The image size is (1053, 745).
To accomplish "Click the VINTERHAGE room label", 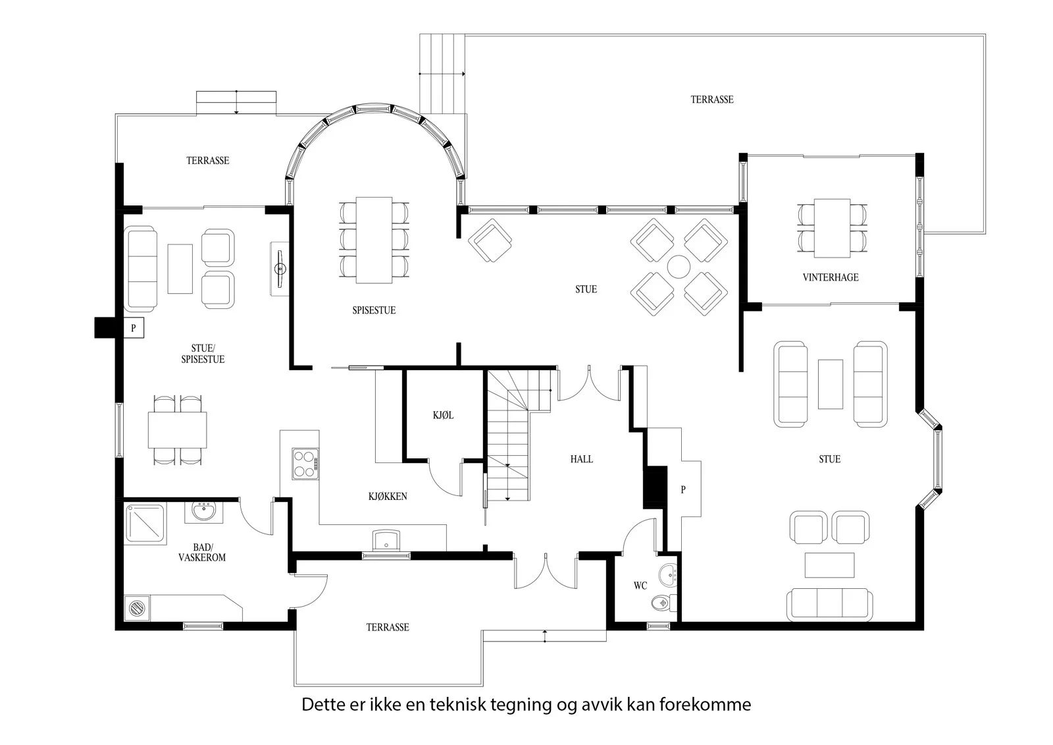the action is pyautogui.click(x=831, y=277).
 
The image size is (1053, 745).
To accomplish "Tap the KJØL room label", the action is pyautogui.click(x=444, y=415).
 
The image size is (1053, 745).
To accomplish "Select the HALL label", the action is pyautogui.click(x=582, y=459).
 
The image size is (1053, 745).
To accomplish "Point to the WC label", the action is pyautogui.click(x=640, y=586).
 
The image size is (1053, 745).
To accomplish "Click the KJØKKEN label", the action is pyautogui.click(x=388, y=496).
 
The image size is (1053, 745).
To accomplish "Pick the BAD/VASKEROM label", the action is pyautogui.click(x=202, y=553).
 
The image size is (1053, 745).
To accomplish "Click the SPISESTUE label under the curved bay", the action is pyautogui.click(x=374, y=310).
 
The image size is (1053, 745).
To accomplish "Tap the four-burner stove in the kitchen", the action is pyautogui.click(x=305, y=464).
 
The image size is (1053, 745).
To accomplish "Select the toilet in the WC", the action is pyautogui.click(x=664, y=603).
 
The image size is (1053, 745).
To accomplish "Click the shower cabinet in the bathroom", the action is pyautogui.click(x=145, y=525).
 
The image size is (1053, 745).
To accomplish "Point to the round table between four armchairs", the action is pyautogui.click(x=679, y=267).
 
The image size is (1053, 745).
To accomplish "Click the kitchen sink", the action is pyautogui.click(x=386, y=541).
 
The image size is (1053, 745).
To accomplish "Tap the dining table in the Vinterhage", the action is pyautogui.click(x=832, y=229).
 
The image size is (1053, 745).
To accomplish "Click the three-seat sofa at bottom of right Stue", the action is pyautogui.click(x=830, y=605).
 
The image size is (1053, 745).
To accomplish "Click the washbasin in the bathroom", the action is pyautogui.click(x=203, y=512).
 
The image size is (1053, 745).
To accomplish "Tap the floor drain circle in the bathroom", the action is pyautogui.click(x=137, y=608).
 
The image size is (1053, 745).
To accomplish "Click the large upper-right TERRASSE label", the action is pyautogui.click(x=711, y=99).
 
